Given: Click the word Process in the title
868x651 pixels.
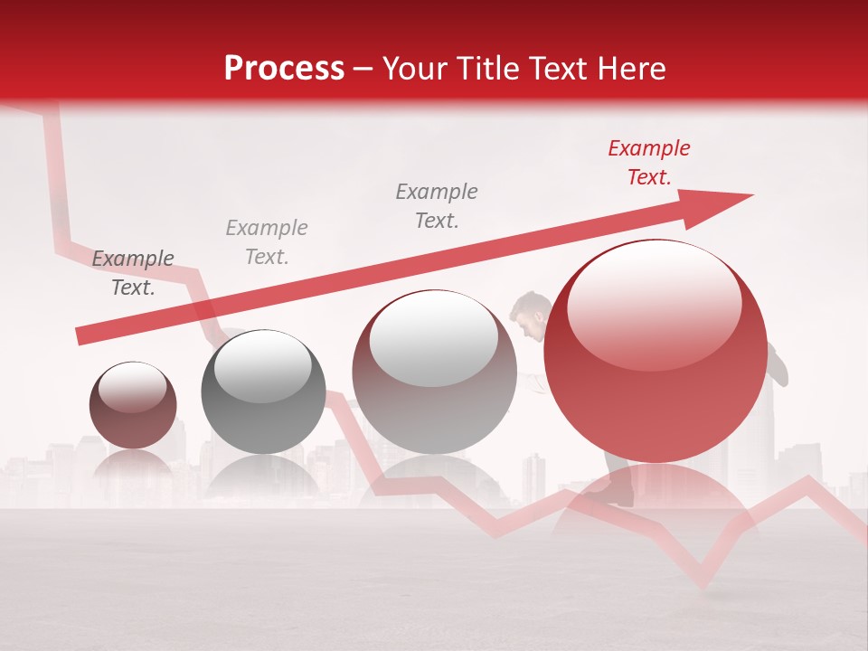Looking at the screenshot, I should pyautogui.click(x=284, y=68).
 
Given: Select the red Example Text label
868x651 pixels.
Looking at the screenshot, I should pyautogui.click(x=648, y=163).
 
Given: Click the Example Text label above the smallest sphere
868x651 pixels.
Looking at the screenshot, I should pyautogui.click(x=132, y=273).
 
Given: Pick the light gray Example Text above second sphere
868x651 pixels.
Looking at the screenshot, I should pyautogui.click(x=266, y=241).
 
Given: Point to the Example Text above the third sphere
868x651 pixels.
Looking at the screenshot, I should pyautogui.click(x=436, y=205).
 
